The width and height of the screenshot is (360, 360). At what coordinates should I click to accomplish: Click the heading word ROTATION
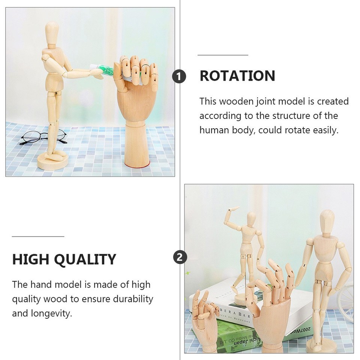[x=237, y=76]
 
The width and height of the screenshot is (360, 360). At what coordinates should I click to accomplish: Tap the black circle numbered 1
[x=179, y=76]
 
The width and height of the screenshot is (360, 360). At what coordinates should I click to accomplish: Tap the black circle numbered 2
[x=180, y=258]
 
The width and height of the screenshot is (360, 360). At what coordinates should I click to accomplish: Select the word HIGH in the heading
[x=31, y=259]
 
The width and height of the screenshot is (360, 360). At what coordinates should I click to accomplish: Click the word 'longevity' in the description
[x=48, y=313]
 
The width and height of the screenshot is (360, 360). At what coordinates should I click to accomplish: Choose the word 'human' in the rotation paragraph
[x=217, y=130]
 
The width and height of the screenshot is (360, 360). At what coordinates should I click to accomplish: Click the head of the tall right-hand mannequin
[x=327, y=219]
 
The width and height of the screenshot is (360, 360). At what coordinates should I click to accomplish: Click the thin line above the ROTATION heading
[x=223, y=55]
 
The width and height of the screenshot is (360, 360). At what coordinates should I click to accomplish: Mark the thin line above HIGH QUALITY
[x=38, y=237]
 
